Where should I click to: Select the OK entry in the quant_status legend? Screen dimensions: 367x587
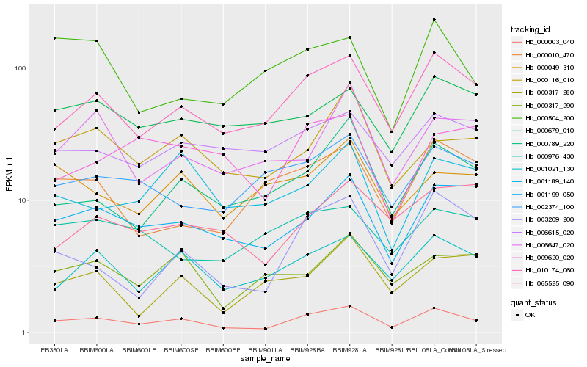point(530,315)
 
